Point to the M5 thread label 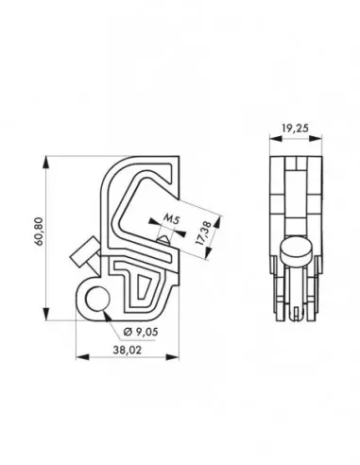tap(170, 220)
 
